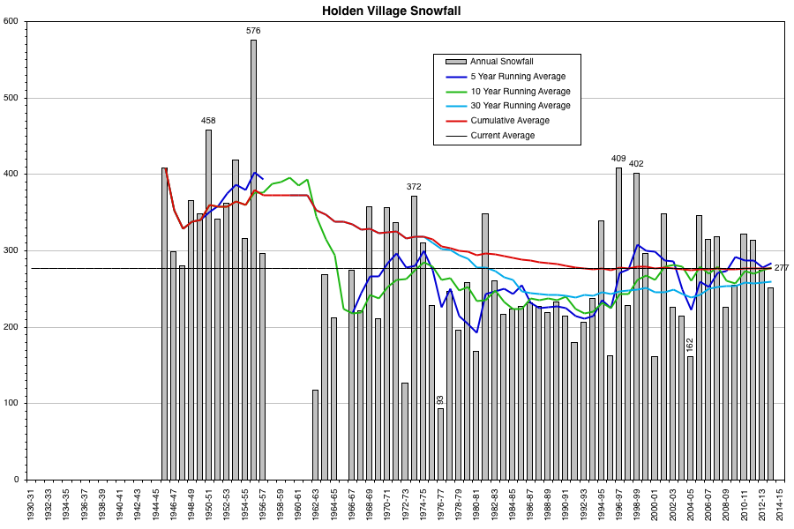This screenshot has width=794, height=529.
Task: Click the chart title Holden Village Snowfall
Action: click(391, 11)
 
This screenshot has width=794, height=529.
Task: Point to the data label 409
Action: click(618, 159)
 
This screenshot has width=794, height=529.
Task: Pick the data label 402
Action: click(636, 163)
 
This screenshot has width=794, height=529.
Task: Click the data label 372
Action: click(414, 186)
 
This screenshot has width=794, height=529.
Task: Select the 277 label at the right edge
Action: click(782, 267)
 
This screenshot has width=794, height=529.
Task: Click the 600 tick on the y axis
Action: click(12, 21)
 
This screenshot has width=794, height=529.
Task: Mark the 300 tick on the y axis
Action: click(12, 250)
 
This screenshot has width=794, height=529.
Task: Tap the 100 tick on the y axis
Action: click(12, 404)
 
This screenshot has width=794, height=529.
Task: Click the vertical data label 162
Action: click(690, 345)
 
